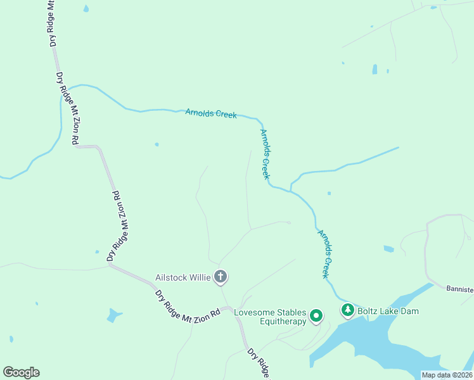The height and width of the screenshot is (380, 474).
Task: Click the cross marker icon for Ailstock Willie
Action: (221, 277)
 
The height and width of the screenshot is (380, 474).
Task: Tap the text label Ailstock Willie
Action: (184, 277)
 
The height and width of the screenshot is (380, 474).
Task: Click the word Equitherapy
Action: (283, 321)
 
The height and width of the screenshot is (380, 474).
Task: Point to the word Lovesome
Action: (253, 312)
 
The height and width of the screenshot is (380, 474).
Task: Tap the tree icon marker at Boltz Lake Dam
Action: (347, 310)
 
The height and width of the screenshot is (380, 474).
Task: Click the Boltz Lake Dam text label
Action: (388, 311)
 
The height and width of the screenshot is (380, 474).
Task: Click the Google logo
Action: (21, 372)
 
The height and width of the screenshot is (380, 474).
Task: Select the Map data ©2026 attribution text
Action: (447, 375)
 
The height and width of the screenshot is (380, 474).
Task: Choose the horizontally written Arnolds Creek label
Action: (211, 113)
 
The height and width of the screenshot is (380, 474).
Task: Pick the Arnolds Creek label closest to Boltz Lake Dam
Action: (325, 254)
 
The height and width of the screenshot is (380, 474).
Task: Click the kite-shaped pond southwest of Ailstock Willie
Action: (114, 315)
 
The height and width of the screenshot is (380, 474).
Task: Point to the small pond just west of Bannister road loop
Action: (388, 249)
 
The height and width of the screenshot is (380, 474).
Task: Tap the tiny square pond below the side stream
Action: (328, 193)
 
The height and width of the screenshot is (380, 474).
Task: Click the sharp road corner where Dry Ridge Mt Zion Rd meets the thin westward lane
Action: (110, 265)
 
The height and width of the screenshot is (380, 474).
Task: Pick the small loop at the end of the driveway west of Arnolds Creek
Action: (288, 222)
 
